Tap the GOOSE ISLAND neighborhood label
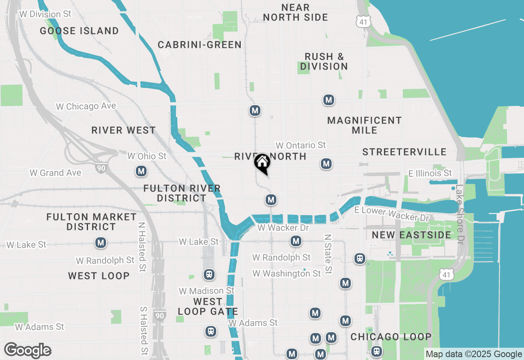[x=79, y=31]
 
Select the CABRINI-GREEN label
[x=200, y=45]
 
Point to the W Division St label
[x=45, y=14]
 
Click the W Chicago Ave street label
[x=86, y=106]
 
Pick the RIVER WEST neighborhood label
[x=124, y=130]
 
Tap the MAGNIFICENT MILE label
[x=364, y=125]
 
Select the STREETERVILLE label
[x=404, y=152]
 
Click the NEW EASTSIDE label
[x=411, y=235]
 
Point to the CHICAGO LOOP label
[x=391, y=337]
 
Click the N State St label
[x=327, y=254]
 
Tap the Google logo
[x=27, y=350]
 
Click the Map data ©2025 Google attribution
[x=474, y=354]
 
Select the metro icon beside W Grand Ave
[x=141, y=171]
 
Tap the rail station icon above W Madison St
[x=209, y=274]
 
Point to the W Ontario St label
[x=300, y=145]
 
